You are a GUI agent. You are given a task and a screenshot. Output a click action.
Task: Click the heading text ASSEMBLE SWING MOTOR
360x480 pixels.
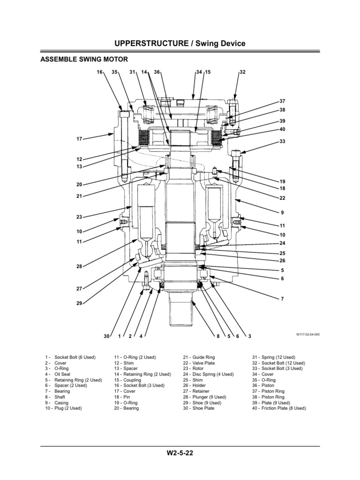(84, 59)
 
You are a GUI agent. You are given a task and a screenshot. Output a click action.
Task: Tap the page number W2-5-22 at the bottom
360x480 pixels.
(180, 454)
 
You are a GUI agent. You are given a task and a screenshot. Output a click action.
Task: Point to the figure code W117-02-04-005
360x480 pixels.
(307, 335)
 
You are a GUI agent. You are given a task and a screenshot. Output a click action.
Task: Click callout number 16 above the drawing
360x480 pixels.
(99, 72)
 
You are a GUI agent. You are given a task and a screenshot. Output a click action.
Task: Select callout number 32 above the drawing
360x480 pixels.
(242, 72)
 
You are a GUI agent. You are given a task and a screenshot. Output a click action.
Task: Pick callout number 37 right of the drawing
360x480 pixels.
(282, 101)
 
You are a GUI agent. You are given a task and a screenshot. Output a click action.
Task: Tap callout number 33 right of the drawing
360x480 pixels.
(282, 141)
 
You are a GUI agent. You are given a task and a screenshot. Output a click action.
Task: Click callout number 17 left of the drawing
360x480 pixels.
(79, 139)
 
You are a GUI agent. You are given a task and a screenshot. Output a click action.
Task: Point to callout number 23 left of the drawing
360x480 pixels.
(79, 217)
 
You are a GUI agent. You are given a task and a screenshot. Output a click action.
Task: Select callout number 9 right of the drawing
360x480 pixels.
(282, 212)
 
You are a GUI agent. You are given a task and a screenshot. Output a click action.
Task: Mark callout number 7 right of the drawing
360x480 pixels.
(282, 299)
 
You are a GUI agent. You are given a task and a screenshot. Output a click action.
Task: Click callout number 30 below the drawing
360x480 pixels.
(106, 337)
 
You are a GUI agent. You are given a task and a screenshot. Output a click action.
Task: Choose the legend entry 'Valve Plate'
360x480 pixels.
(203, 363)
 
